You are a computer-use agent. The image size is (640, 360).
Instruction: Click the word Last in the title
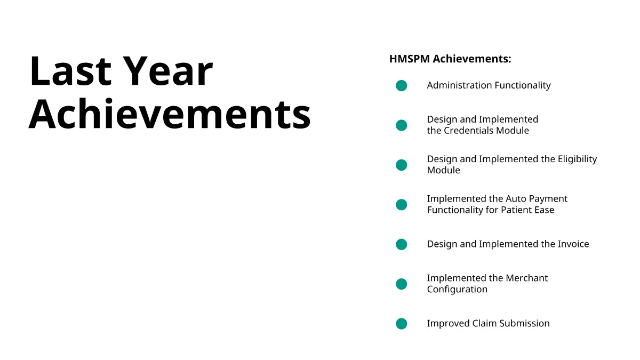70,71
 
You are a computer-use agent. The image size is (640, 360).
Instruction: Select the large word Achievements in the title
170,114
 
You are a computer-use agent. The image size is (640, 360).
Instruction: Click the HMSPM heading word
410,59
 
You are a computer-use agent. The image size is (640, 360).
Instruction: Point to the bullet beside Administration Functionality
402,86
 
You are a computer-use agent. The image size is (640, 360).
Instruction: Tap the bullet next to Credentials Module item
402,125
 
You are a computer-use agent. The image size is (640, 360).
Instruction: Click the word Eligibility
577,159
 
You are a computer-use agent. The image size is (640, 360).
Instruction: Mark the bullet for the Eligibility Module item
402,165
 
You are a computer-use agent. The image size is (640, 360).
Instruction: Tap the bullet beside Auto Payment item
402,205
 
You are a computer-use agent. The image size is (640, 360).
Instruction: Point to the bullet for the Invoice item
402,245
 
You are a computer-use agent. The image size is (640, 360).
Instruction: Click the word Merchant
526,278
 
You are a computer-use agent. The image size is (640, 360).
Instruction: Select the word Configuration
457,290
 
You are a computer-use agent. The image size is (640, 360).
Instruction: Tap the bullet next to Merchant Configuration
402,284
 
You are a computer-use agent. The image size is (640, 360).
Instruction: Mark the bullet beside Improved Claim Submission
402,324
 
